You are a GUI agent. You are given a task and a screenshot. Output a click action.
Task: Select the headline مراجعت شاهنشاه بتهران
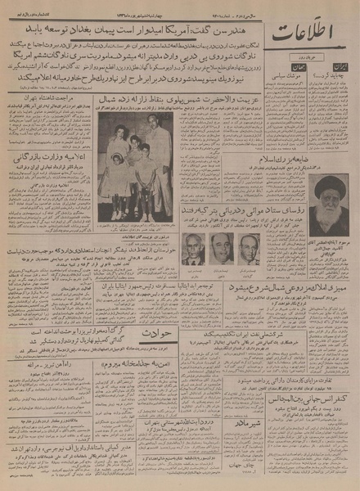pos(47,120)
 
